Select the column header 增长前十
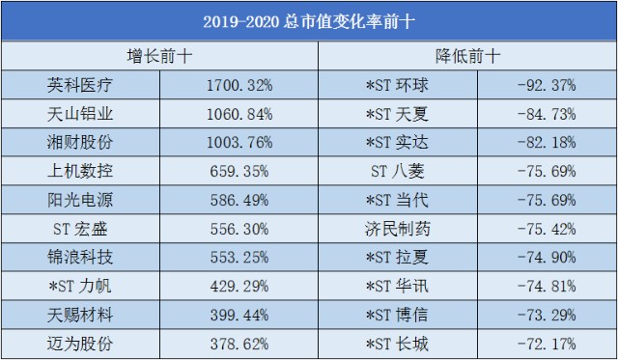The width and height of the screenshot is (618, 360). pos(160,55)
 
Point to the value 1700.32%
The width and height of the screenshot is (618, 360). pos(239,85)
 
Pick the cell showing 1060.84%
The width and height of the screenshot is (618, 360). pos(239,114)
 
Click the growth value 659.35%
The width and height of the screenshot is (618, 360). pos(239,172)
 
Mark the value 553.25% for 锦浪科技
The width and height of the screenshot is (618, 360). pos(239,258)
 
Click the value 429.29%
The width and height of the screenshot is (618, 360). pos(239,287)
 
